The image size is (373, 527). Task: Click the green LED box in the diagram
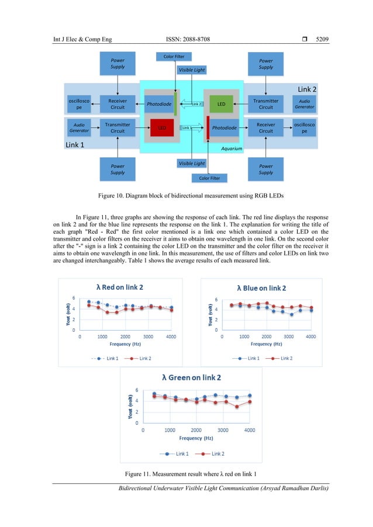221,105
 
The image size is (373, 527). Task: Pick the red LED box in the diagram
162,127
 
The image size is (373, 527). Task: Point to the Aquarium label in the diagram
232,149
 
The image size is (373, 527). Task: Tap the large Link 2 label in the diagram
307,89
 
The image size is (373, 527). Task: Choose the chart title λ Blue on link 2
261,288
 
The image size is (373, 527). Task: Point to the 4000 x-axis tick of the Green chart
249,429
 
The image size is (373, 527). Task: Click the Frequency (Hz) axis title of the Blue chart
261,344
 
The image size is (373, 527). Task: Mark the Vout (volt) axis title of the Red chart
68,314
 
